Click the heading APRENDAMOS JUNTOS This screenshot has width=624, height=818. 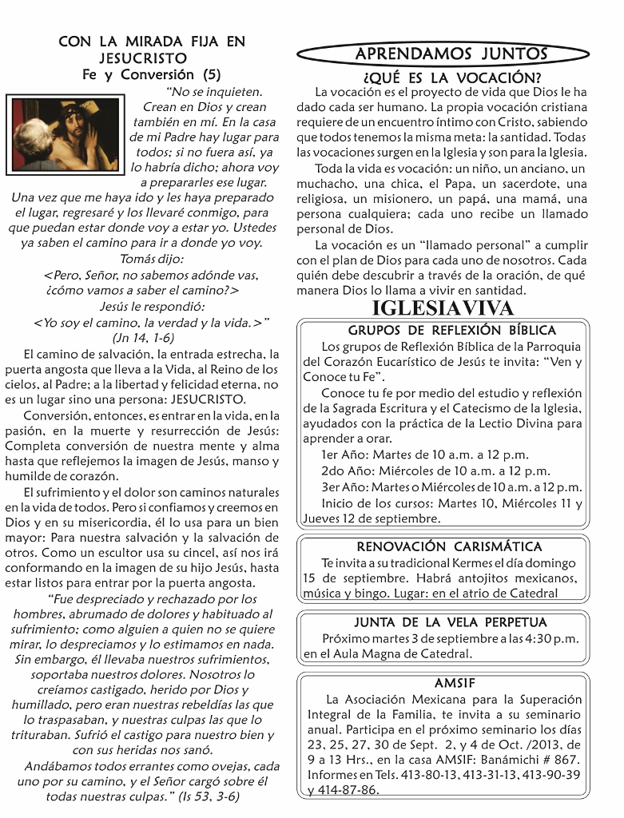[x=451, y=54]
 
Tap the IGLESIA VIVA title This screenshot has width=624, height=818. [x=443, y=308]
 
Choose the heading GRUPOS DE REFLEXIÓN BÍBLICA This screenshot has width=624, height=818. [x=451, y=330]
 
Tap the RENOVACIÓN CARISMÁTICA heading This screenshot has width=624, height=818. [x=449, y=546]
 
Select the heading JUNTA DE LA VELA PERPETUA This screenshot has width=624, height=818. [x=451, y=622]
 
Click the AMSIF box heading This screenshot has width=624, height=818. [x=451, y=683]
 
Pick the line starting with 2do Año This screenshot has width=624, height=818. [x=435, y=471]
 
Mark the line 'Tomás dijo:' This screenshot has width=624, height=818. [x=152, y=259]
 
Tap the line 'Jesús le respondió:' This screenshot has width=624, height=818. [x=152, y=307]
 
